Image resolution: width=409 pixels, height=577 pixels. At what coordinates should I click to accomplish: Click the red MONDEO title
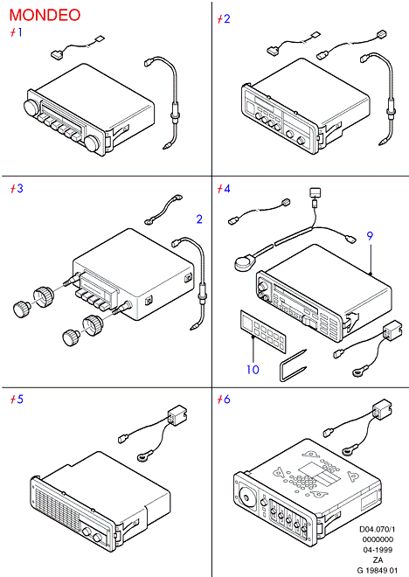coord(45,15)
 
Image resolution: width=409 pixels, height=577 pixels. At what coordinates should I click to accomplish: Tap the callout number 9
coord(370,236)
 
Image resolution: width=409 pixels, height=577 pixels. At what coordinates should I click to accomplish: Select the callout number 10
coord(253,370)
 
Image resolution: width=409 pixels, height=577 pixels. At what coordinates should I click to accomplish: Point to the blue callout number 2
coord(199,219)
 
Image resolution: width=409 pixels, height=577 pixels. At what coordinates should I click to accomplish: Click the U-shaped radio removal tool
coord(293,365)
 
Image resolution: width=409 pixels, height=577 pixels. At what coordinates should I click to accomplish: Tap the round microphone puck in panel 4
coord(244,263)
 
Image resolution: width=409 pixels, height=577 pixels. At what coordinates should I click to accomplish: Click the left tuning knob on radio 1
coord(31,107)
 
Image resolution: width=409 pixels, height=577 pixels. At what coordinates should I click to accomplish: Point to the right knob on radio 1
coord(94,144)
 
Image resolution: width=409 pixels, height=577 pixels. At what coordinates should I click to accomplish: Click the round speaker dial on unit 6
coord(246,497)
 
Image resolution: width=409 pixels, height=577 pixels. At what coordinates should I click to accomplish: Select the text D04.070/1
coord(377,529)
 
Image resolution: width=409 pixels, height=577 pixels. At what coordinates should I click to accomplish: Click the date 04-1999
coord(378,550)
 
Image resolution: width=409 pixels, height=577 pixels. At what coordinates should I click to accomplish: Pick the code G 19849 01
coord(378,570)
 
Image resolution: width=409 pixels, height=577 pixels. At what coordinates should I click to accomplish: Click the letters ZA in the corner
coord(378,560)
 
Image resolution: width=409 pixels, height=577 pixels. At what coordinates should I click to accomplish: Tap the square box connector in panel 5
coord(177,414)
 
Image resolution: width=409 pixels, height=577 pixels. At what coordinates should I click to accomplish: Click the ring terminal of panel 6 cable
coord(350,449)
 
